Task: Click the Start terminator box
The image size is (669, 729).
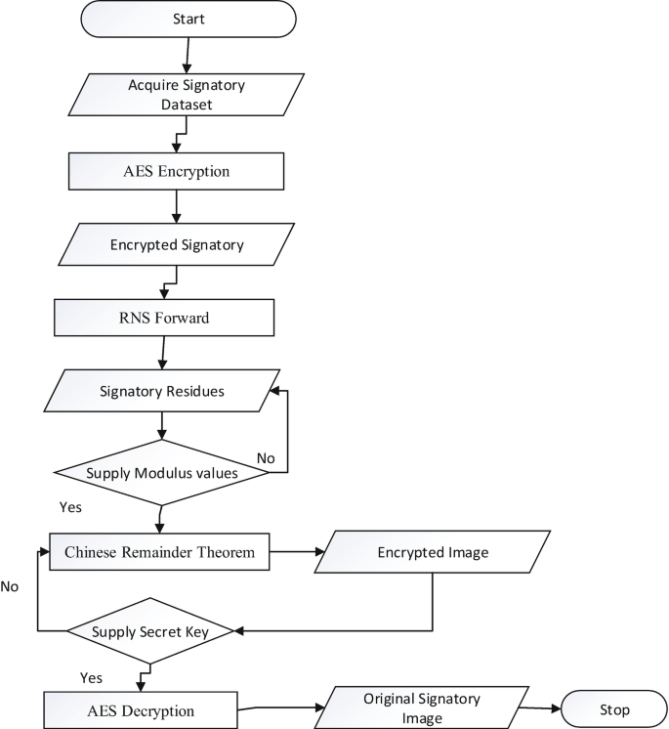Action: click(189, 19)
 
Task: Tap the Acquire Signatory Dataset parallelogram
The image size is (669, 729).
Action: click(176, 93)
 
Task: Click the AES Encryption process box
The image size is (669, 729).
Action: click(176, 171)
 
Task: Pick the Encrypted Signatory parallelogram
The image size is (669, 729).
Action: click(176, 244)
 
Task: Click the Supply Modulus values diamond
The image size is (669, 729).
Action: click(163, 473)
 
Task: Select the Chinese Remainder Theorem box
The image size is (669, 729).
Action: click(159, 552)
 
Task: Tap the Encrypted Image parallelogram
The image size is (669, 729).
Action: click(433, 552)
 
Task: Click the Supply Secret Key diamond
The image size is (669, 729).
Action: click(149, 631)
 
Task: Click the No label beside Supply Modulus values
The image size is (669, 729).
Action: click(265, 457)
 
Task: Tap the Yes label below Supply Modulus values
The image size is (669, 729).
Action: click(71, 507)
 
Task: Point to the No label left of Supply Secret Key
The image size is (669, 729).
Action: click(10, 586)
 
